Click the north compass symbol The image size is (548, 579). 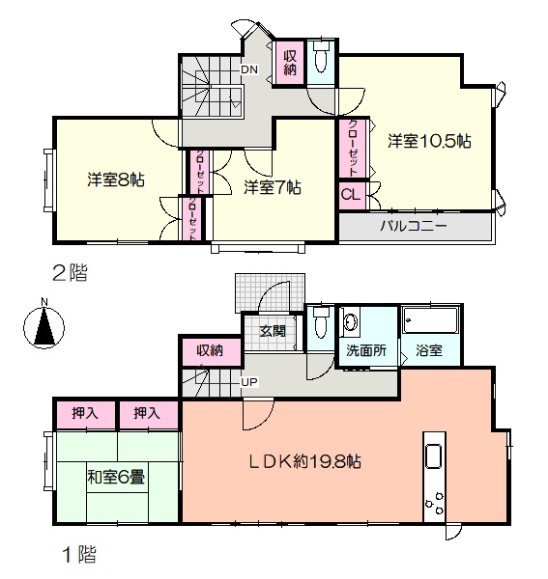pos(44,324)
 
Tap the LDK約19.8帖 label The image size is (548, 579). pos(304,461)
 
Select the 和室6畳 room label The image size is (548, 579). pos(116,478)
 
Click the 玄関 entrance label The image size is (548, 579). pos(273,331)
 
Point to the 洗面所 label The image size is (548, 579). pos(366,350)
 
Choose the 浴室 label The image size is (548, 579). pos(429,350)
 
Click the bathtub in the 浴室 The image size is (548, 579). pos(431,320)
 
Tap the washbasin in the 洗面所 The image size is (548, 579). pos(350,321)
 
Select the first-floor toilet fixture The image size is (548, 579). pos(320,322)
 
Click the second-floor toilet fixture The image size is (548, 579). pos(320,57)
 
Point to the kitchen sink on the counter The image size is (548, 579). pos(434,456)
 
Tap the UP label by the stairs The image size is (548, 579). pos(249,382)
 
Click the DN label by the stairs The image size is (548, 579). pos(249,69)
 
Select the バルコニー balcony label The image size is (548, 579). pos(414,225)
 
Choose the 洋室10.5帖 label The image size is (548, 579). pos(429,142)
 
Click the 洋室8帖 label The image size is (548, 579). pos(116,179)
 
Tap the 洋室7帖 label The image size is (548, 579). pos(273,187)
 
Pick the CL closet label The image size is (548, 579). pos(350,195)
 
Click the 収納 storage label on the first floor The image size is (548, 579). pos(210,350)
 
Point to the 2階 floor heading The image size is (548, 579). pos(71,273)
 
